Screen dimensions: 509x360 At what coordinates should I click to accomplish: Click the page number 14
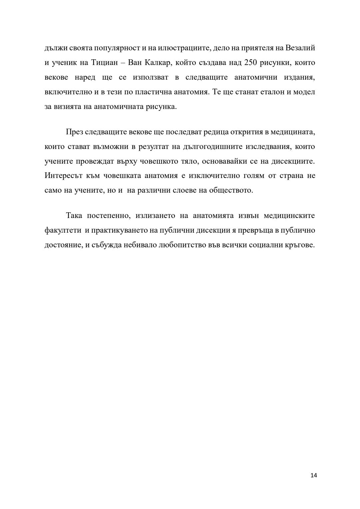pyautogui.click(x=313, y=475)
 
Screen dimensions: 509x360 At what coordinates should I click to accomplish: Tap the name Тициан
pyautogui.click(x=102, y=63)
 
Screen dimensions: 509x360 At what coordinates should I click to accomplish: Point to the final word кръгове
pyautogui.click(x=300, y=245)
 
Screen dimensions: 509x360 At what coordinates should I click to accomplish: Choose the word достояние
pyautogui.click(x=63, y=245)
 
